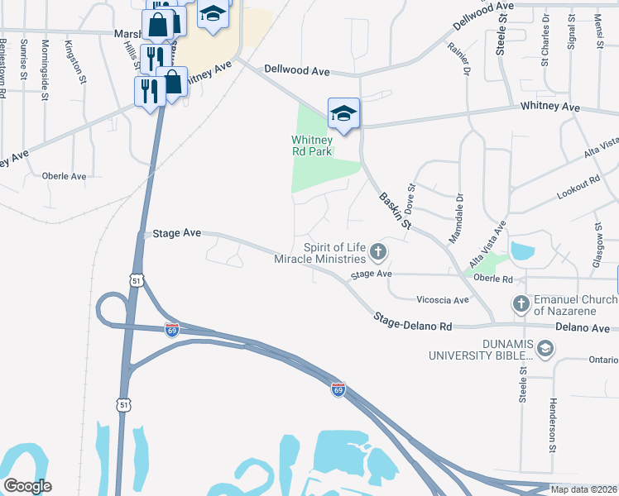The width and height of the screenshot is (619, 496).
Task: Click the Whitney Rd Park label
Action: [311, 145]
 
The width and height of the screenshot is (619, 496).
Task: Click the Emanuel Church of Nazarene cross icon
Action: [521, 303]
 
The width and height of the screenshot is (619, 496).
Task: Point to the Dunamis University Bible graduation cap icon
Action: [545, 349]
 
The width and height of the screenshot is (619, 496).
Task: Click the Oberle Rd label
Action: [493, 279]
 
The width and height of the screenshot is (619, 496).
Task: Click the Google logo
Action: [27, 486]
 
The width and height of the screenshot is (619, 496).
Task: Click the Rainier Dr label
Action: [460, 57]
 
